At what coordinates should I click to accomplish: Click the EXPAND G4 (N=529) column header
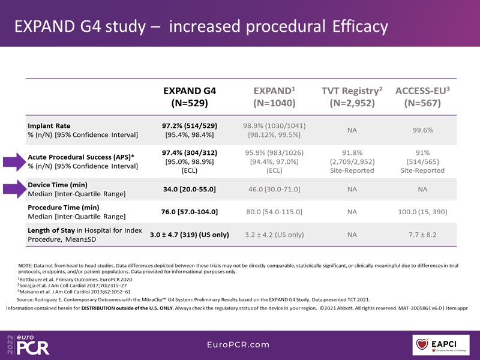pyautogui.click(x=190, y=97)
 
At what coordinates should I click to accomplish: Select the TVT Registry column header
pyautogui.click(x=352, y=97)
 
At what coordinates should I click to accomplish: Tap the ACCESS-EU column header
pyautogui.click(x=423, y=97)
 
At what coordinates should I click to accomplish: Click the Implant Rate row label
pyautogui.click(x=49, y=126)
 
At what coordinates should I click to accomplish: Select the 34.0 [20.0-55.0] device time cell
pyautogui.click(x=190, y=190)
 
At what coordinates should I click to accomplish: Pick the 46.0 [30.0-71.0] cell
pyautogui.click(x=274, y=190)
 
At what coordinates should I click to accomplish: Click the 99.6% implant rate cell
pyautogui.click(x=422, y=130)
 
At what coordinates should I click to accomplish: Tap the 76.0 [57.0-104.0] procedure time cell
pyautogui.click(x=190, y=212)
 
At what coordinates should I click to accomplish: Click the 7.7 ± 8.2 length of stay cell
pyautogui.click(x=422, y=235)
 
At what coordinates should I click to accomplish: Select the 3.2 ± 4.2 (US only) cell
pyautogui.click(x=274, y=235)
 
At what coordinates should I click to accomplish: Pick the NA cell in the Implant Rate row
pyautogui.click(x=352, y=130)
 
